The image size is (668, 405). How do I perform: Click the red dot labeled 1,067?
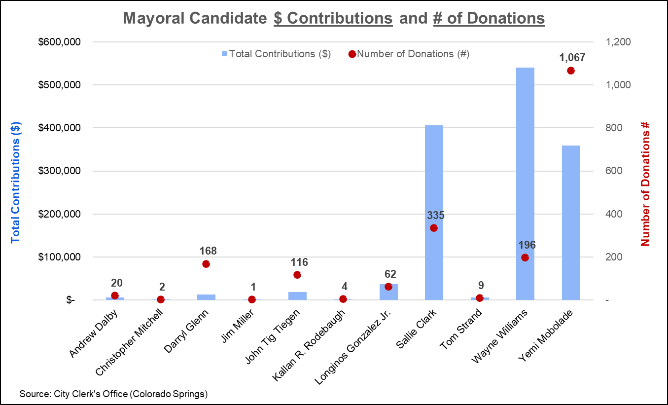(x=571, y=71)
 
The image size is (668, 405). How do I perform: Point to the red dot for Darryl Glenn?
(x=206, y=264)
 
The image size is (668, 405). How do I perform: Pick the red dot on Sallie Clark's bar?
(x=434, y=228)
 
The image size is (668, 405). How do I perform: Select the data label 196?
(x=527, y=245)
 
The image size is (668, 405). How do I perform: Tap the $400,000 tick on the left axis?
(x=59, y=128)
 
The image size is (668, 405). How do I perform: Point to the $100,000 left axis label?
(x=59, y=257)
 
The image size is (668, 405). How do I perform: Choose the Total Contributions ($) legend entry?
(x=277, y=54)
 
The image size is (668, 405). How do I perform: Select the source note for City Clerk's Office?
(x=114, y=394)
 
